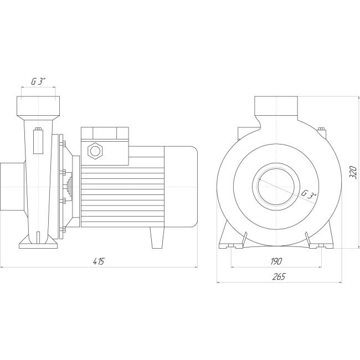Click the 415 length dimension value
tap(100, 261)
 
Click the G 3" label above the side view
tap(38, 81)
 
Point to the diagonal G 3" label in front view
tap(308, 194)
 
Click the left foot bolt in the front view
tap(244, 239)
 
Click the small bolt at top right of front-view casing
tap(321, 131)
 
